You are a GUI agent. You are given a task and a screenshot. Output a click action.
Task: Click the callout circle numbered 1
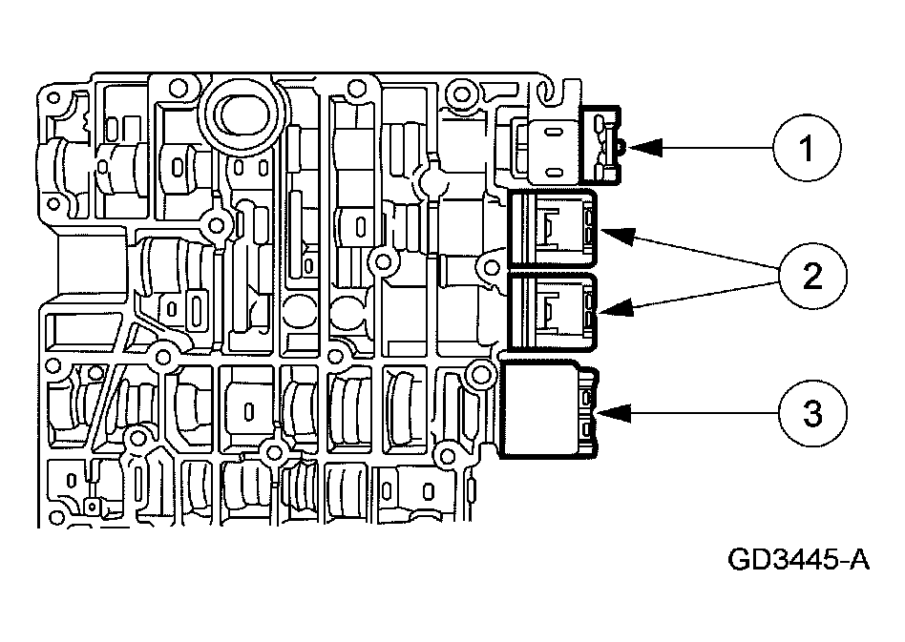[x=807, y=149]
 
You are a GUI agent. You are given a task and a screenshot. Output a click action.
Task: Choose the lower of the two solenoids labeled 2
[x=554, y=311]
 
